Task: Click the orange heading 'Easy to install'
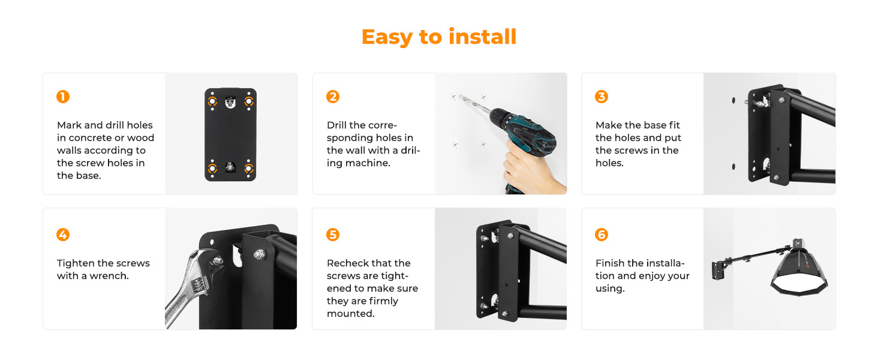click(x=439, y=37)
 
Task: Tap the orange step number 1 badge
click(x=63, y=97)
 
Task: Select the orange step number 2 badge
click(x=333, y=97)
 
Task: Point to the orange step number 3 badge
click(x=602, y=97)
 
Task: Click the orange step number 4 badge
click(x=63, y=235)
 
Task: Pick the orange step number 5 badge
click(x=333, y=235)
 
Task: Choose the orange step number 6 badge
click(x=602, y=235)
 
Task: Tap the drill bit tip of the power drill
click(x=460, y=95)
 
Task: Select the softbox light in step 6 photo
click(x=799, y=269)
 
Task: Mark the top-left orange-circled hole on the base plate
click(x=212, y=101)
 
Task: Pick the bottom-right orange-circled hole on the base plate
click(x=249, y=169)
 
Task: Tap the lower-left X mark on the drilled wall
click(x=455, y=145)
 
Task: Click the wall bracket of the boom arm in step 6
click(x=718, y=271)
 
